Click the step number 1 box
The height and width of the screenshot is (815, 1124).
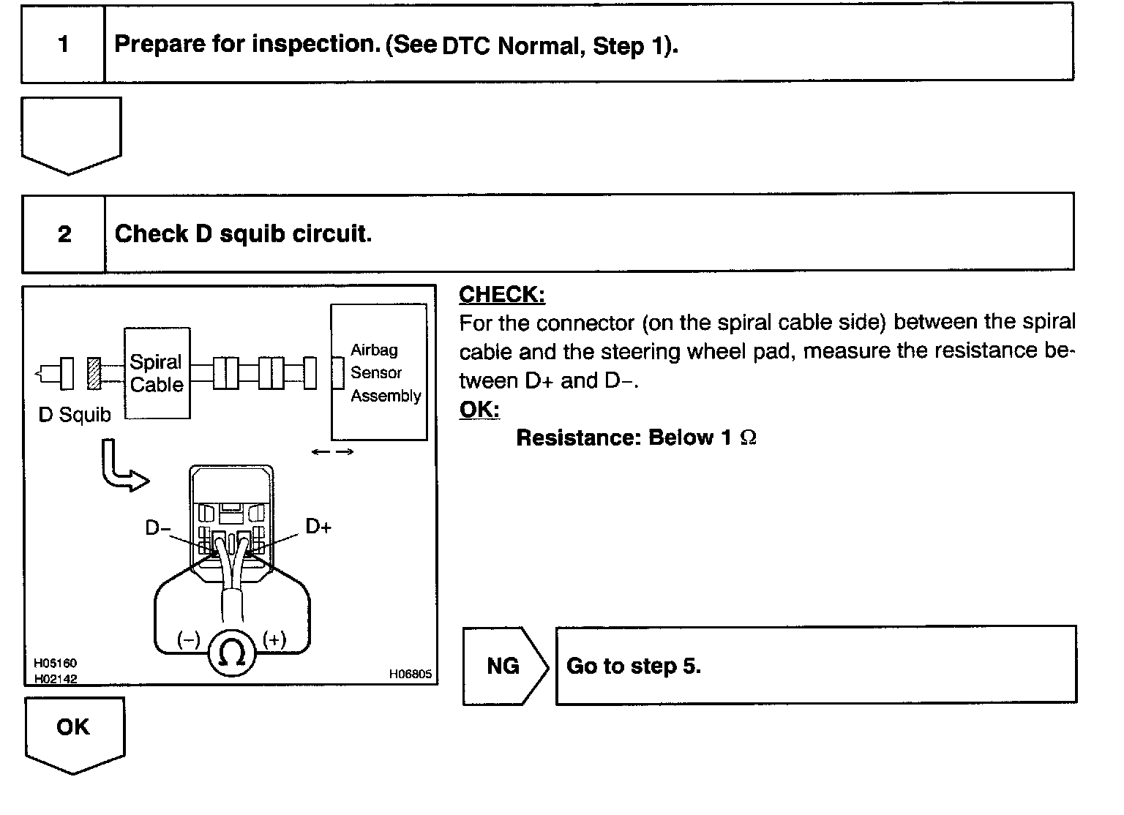coord(63,45)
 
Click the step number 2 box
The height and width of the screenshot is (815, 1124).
coord(64,234)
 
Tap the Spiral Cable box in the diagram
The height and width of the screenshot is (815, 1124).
coord(157,373)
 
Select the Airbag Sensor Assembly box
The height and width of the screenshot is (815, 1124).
coord(378,372)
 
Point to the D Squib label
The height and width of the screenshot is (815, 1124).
coord(74,415)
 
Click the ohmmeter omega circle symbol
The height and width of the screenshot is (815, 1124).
coord(232,653)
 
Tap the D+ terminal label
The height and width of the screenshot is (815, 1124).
coord(318,526)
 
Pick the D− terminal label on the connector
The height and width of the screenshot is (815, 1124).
coord(157,527)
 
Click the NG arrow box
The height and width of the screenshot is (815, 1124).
coord(504,666)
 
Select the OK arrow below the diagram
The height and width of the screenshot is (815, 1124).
coord(74,731)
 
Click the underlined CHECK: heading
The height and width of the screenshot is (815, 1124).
coord(502,295)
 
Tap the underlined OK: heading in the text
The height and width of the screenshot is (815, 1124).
coord(479,410)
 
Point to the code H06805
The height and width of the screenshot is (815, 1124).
coord(410,675)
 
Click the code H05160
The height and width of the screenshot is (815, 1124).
coord(55,664)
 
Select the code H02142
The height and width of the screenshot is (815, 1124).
coord(55,678)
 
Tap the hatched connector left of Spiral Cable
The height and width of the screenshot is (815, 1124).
coord(94,373)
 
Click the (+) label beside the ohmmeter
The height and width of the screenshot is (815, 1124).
coord(274,639)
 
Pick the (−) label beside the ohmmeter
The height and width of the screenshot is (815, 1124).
coord(188,639)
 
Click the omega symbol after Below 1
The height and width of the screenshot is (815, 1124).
coord(748,438)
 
